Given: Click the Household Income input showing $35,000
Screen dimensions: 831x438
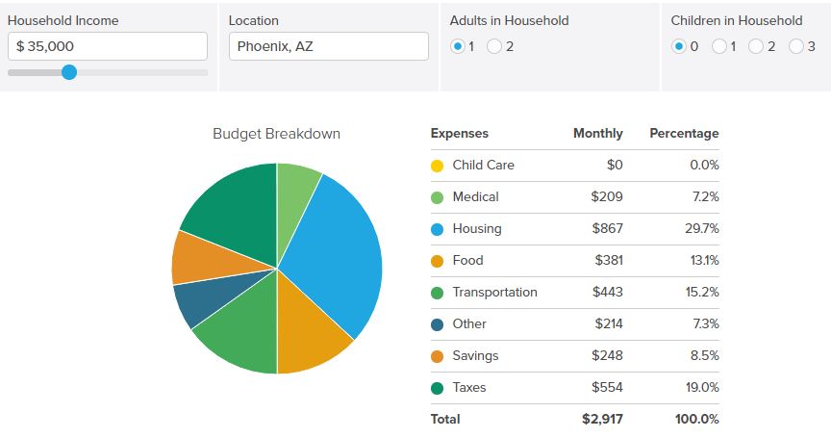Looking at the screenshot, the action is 108,46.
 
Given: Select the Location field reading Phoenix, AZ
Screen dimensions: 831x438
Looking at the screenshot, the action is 329,46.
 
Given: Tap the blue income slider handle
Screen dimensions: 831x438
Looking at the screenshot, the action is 69,72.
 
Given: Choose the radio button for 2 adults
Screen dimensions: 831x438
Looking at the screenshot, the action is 494,46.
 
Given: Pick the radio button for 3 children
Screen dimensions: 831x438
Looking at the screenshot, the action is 796,46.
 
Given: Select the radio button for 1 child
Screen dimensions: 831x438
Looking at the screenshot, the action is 719,46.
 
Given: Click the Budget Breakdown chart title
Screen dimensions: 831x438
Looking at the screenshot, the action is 276,134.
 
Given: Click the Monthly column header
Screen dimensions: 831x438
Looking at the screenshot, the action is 598,133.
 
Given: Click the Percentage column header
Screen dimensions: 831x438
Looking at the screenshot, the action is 684,134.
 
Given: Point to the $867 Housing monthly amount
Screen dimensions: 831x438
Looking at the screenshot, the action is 607,228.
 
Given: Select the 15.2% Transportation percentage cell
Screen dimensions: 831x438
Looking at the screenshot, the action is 702,293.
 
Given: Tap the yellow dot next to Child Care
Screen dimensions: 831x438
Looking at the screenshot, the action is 438,166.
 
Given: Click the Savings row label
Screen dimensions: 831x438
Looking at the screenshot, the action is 475,356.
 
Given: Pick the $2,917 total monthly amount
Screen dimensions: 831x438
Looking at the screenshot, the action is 603,420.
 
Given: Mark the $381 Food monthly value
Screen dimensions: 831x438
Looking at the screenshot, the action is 609,260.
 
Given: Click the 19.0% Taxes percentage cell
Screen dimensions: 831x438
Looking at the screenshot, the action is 702,388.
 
